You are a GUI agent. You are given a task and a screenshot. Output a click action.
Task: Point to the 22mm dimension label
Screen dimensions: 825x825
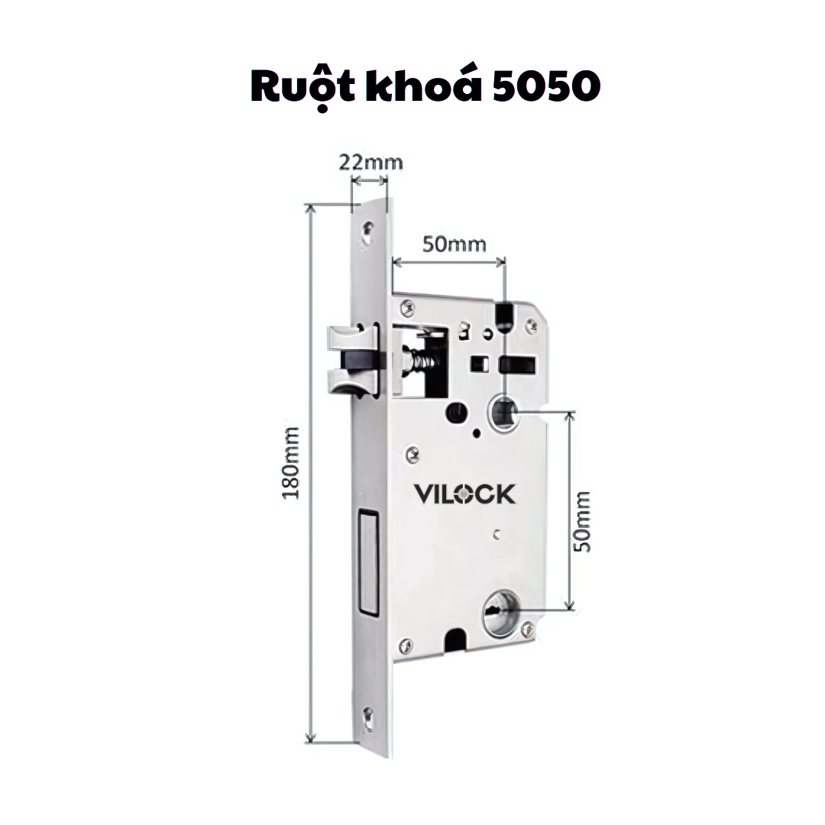point(370,162)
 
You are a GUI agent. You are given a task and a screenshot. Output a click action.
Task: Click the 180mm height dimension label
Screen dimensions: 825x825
point(290,464)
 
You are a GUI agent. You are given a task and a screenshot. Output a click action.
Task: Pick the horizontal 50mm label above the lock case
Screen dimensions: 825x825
point(454,244)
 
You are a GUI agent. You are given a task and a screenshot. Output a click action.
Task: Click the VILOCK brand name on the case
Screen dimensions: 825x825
point(464,494)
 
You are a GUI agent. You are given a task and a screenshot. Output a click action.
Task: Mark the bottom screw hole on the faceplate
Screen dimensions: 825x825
point(369,717)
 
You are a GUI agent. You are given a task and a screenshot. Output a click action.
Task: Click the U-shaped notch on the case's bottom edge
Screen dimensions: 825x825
point(456,639)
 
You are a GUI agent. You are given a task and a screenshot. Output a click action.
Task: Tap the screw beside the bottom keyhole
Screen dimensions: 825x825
point(526,629)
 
